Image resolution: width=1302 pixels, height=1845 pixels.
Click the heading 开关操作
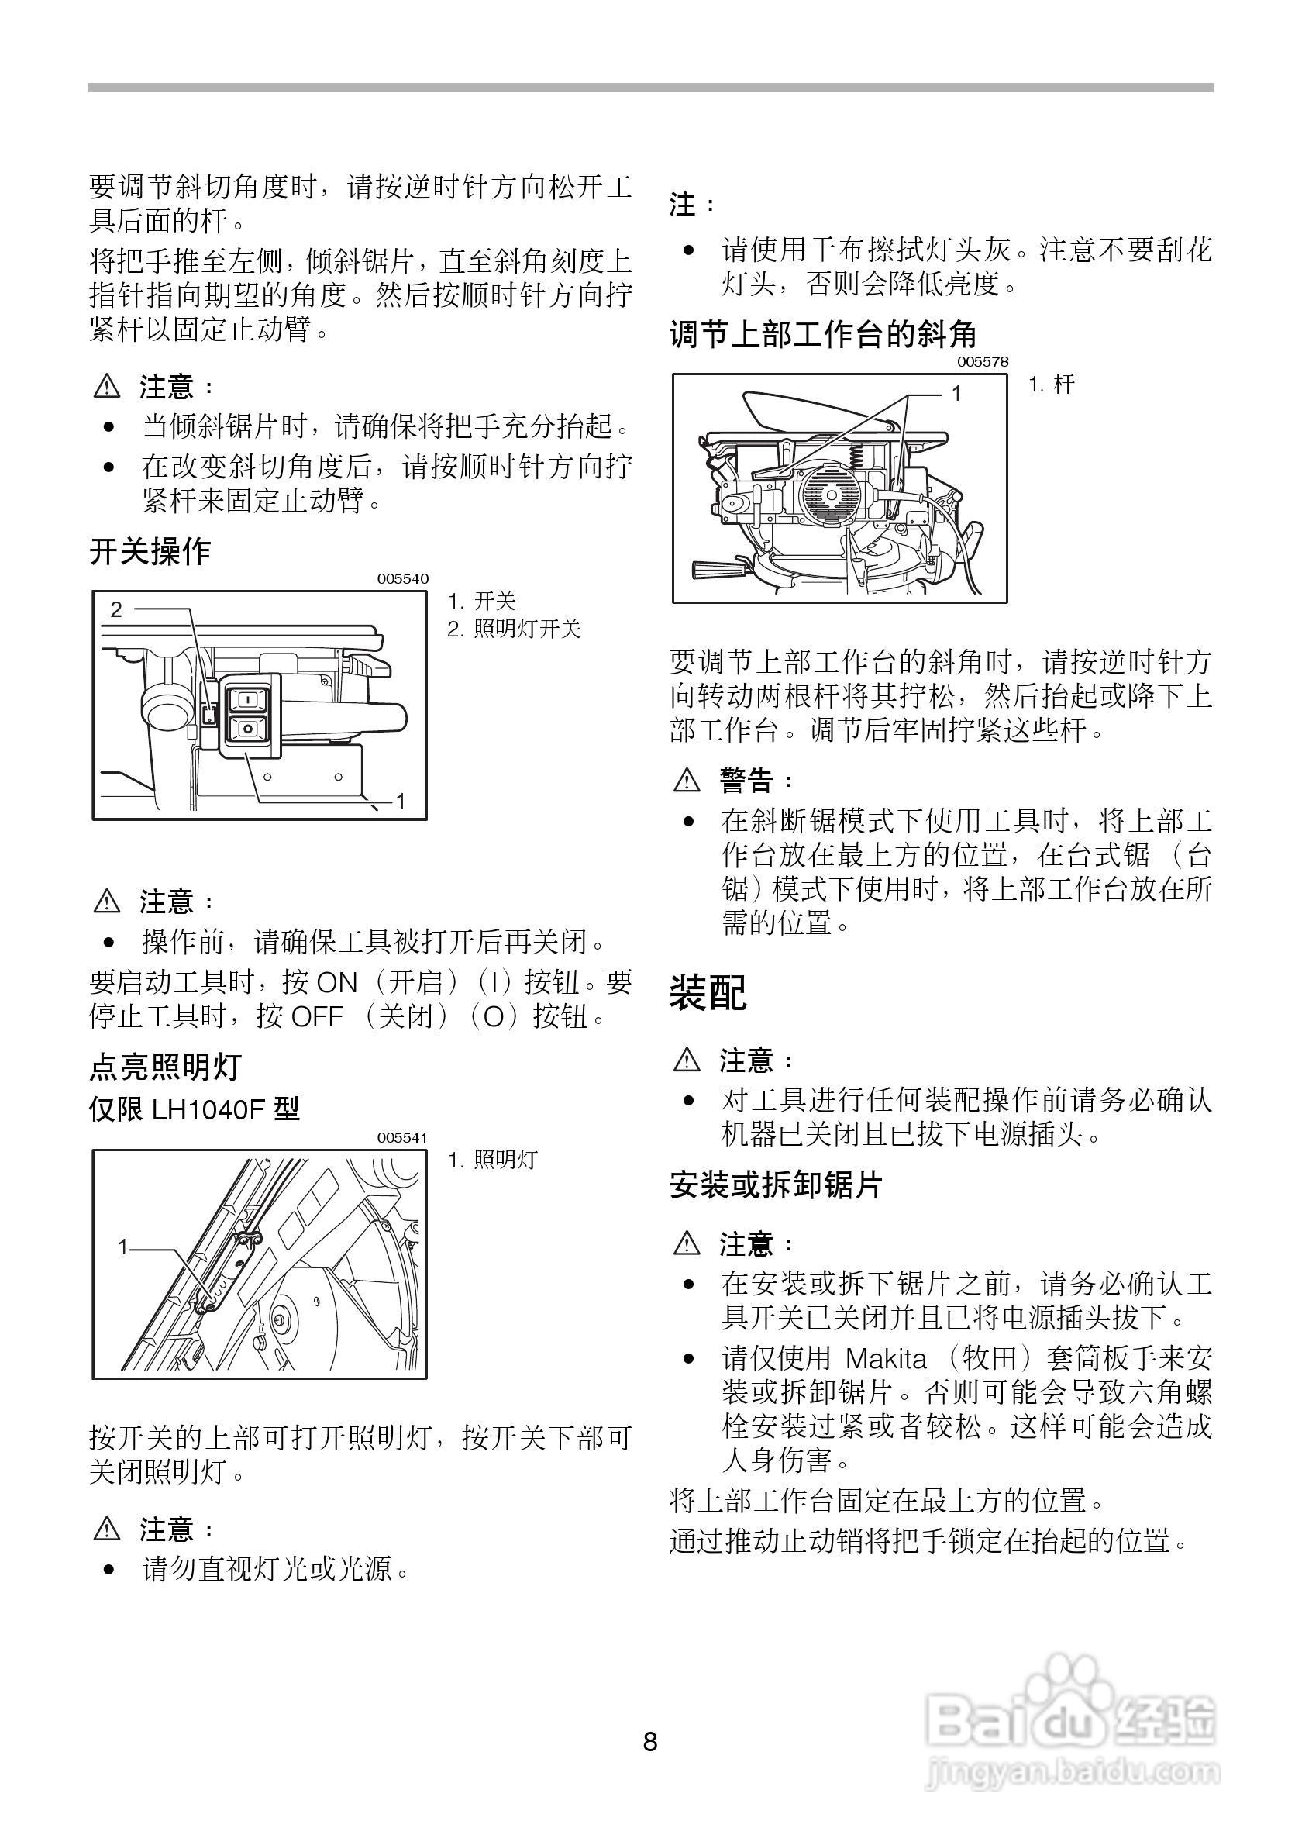[x=150, y=553]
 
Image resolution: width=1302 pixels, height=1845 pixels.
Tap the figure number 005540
[x=403, y=578]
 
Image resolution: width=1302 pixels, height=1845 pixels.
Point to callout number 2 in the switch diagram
[x=116, y=610]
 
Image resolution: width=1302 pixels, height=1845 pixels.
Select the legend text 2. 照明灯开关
[x=514, y=629]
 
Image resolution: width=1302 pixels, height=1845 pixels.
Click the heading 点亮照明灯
[x=165, y=1068]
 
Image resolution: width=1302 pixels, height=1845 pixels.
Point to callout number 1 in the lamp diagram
[x=123, y=1247]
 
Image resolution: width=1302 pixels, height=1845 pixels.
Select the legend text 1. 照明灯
[x=492, y=1160]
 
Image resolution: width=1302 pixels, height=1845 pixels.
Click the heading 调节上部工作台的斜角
[x=823, y=334]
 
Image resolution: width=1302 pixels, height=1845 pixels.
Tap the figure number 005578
[x=983, y=361]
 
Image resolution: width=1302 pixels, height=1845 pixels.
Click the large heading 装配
[x=708, y=992]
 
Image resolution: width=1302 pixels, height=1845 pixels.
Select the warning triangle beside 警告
[x=687, y=779]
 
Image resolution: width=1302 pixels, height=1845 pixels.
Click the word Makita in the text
[x=886, y=1359]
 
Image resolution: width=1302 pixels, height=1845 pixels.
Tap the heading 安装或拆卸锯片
[x=776, y=1185]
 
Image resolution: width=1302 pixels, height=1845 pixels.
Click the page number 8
[x=650, y=1743]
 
